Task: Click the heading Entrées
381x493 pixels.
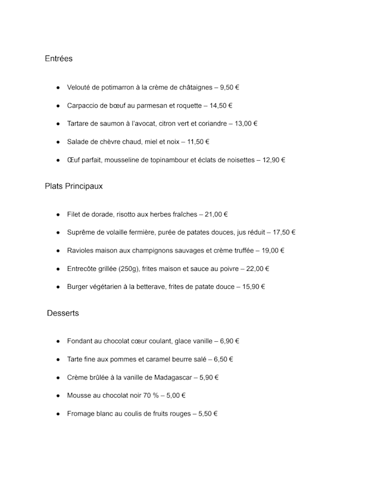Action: point(58,58)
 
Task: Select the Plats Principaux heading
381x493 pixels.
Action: point(73,186)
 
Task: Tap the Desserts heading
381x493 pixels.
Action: point(63,313)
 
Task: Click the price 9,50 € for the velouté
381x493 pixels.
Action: point(229,88)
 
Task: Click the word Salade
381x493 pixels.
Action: point(78,142)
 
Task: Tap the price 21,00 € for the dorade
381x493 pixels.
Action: point(216,214)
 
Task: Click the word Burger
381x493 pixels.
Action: point(79,286)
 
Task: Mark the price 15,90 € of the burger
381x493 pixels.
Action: point(254,286)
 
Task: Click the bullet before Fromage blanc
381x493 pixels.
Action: point(58,414)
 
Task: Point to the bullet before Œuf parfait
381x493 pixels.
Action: point(58,160)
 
